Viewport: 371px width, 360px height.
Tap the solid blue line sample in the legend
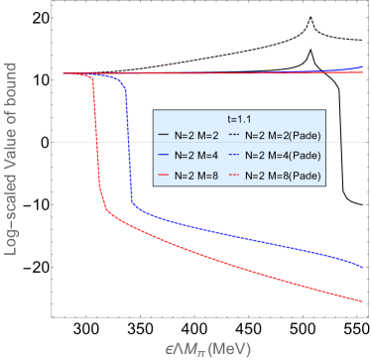click(x=166, y=155)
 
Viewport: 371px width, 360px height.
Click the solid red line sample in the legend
click(x=166, y=175)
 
